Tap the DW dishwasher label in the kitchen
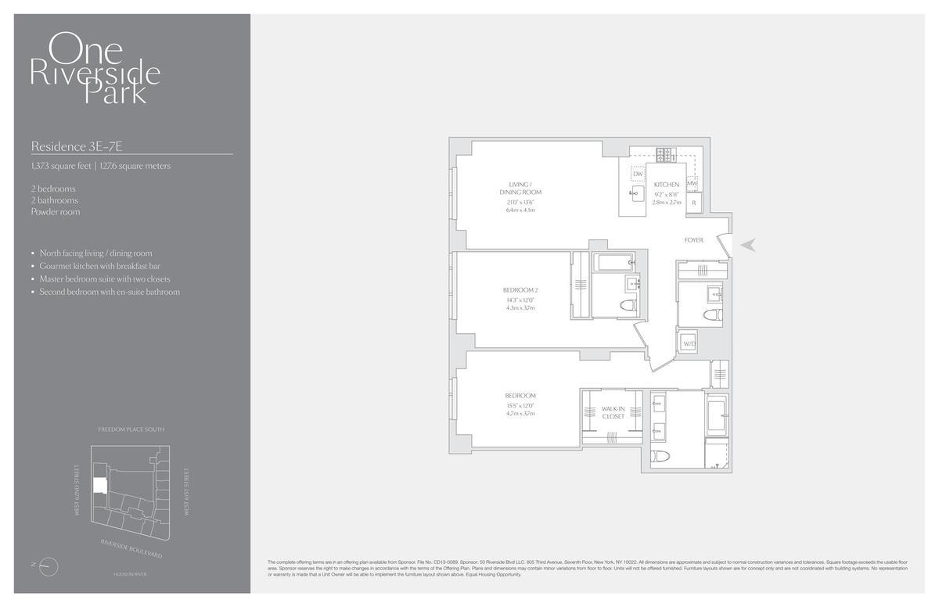pos(639,174)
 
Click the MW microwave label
pos(692,185)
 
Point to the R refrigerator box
pos(693,203)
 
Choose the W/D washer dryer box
pos(689,343)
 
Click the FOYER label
pos(693,240)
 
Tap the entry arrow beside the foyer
pos(748,245)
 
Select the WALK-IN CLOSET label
pos(613,412)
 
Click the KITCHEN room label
pos(667,185)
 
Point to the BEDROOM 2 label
pos(520,290)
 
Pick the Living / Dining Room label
pos(520,188)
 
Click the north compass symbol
pos(49,565)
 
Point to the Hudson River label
pos(129,574)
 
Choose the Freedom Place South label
pos(131,429)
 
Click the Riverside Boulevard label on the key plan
pos(131,548)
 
